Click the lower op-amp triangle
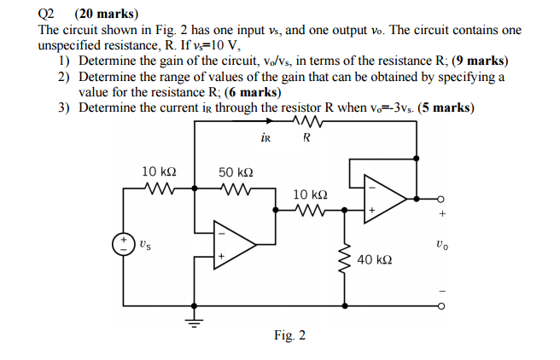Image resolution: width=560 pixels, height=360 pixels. [x=236, y=244]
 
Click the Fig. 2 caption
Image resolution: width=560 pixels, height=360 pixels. [x=289, y=335]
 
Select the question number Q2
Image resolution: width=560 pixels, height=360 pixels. [x=48, y=14]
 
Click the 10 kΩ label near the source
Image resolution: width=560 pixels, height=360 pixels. [x=159, y=172]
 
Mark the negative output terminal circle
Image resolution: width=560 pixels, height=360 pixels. [x=440, y=305]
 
